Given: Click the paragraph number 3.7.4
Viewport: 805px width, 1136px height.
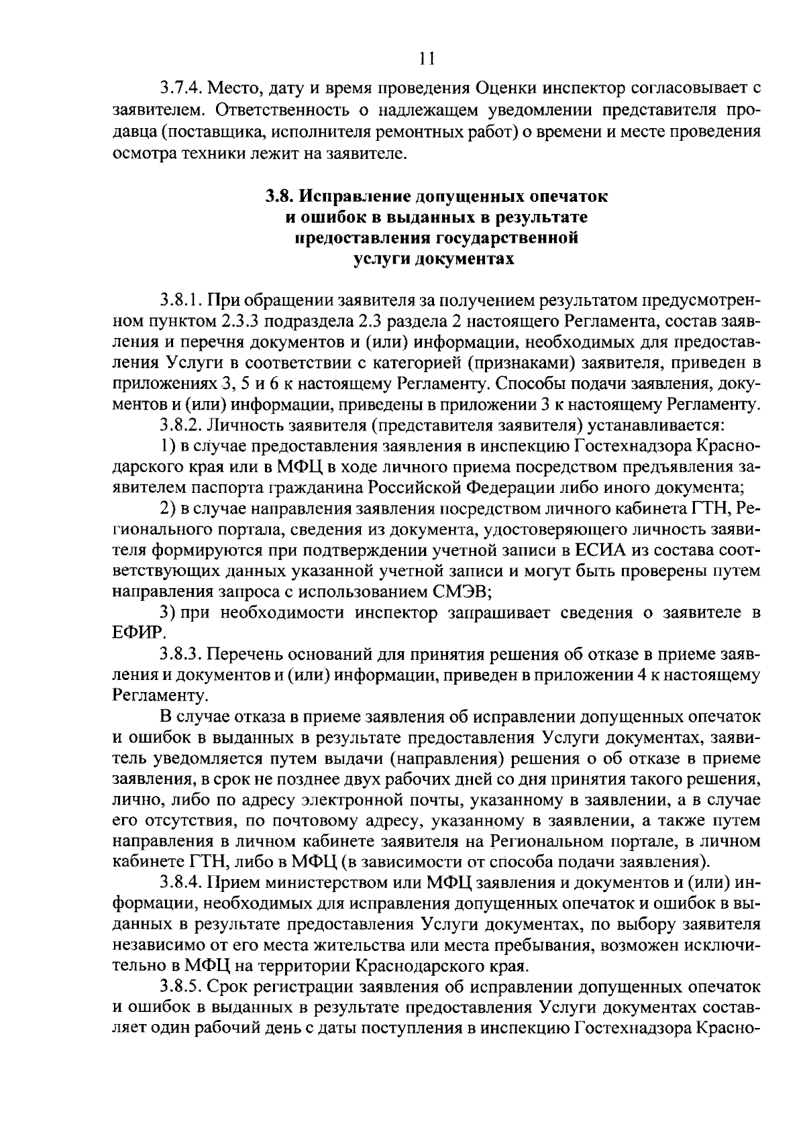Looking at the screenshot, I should point(181,89).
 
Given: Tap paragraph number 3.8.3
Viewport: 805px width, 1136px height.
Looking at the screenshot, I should point(181,654).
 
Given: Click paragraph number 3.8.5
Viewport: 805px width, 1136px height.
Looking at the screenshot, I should point(181,987).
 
